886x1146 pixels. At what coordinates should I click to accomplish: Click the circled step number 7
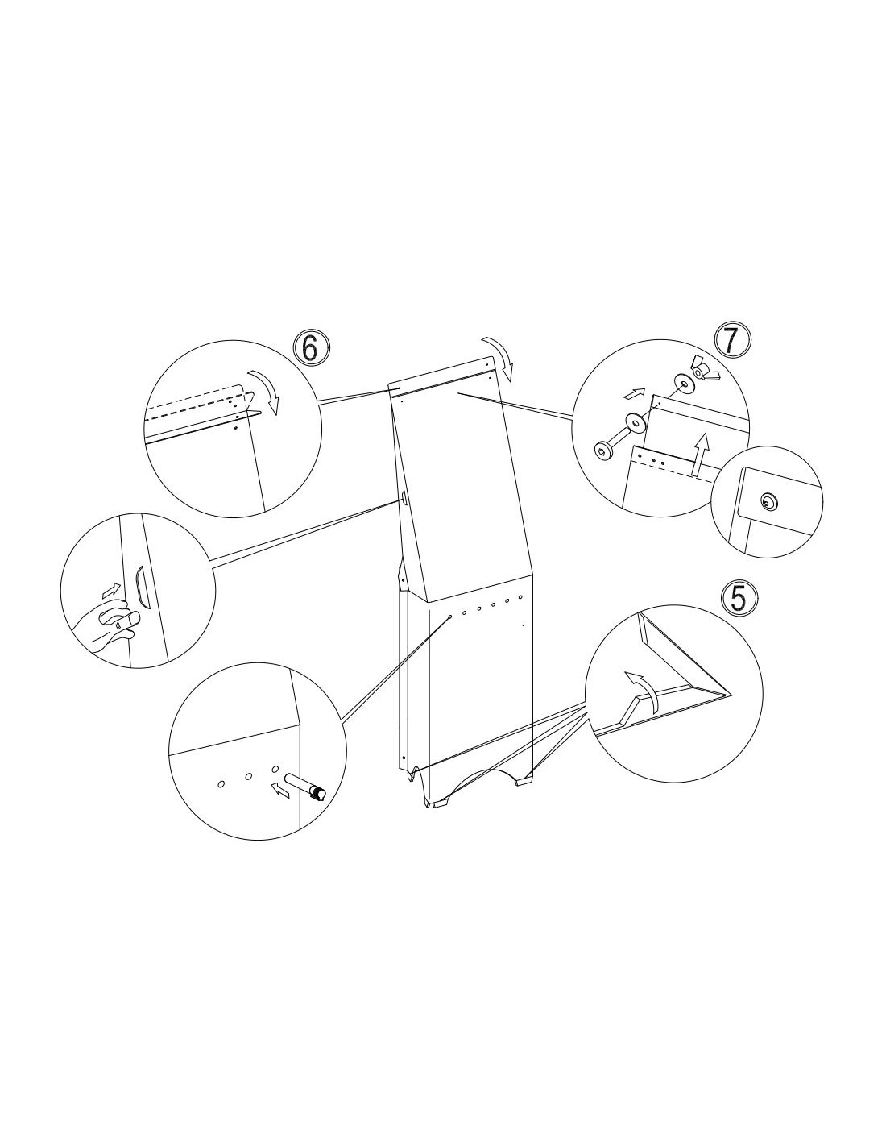(731, 341)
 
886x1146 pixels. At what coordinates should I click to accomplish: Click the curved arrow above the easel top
(500, 358)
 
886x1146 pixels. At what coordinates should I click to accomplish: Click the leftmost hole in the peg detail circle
(221, 783)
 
